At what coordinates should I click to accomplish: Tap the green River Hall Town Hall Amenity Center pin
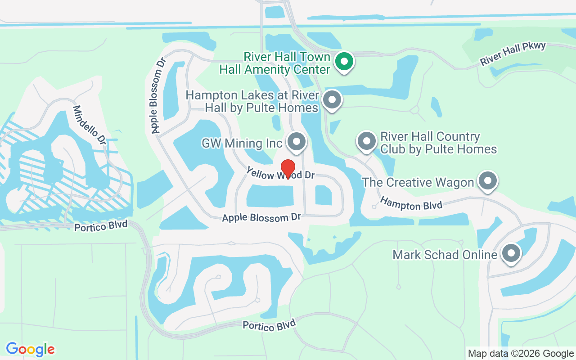[345, 61]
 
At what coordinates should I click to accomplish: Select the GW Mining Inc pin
[297, 141]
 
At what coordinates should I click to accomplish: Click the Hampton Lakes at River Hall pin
[332, 100]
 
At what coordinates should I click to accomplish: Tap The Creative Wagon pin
[487, 181]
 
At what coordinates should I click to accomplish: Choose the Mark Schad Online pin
[511, 253]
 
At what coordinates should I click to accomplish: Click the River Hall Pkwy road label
[513, 54]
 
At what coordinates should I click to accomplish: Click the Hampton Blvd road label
[411, 203]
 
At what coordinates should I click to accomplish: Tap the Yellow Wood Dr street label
[280, 173]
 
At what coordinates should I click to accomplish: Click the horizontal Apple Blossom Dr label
[261, 217]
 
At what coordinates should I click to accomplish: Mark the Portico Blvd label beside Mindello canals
[101, 225]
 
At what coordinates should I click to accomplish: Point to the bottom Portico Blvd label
[269, 325]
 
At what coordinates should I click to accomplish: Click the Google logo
[30, 349]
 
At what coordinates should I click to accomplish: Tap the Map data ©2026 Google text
[521, 354]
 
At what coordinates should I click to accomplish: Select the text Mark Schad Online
[445, 255]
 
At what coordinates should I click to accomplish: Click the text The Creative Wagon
[418, 182]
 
